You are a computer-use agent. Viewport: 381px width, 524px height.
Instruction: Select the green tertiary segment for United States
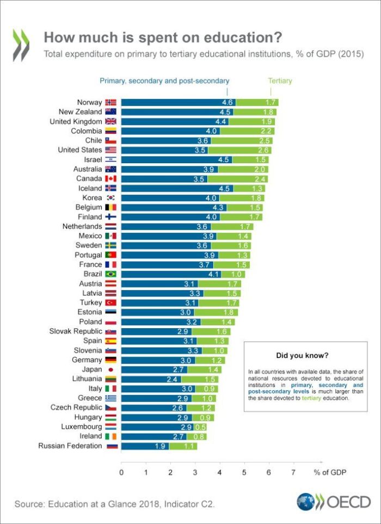pos(239,150)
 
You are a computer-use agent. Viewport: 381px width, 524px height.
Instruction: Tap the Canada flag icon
pos(110,178)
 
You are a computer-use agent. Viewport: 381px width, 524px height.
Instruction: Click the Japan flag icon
pos(110,369)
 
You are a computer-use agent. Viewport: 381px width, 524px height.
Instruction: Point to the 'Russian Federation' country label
pos(70,446)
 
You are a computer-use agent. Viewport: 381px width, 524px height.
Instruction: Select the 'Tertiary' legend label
pos(280,81)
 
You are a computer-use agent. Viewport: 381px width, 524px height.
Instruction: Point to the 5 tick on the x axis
pos(244,472)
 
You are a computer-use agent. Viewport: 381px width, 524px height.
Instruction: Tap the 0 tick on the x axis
pos(121,472)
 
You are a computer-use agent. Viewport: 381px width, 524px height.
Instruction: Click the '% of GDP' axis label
pos(330,472)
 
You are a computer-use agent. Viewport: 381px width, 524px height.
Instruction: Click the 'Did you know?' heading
pos(302,355)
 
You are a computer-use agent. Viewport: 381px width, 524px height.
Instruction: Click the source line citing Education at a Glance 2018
pos(115,504)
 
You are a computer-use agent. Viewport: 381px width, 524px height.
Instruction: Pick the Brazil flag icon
pos(110,274)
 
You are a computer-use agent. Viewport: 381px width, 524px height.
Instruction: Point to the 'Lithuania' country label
pos(83,379)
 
